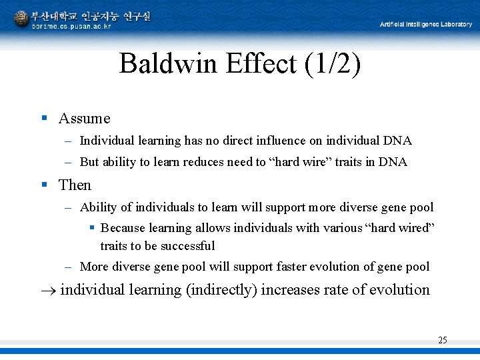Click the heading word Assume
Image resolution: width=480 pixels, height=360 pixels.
click(x=84, y=119)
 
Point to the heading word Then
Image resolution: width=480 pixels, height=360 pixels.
click(x=75, y=185)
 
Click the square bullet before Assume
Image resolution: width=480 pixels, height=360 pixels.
click(x=44, y=118)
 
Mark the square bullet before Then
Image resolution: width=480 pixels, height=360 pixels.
click(x=44, y=184)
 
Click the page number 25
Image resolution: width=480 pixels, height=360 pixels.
click(x=442, y=340)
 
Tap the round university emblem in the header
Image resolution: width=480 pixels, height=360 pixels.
click(x=21, y=18)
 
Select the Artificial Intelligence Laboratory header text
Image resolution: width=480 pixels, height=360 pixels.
click(x=425, y=25)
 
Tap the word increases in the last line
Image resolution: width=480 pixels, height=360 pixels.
click(x=288, y=289)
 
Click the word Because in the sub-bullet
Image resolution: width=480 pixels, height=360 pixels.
click(x=123, y=228)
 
